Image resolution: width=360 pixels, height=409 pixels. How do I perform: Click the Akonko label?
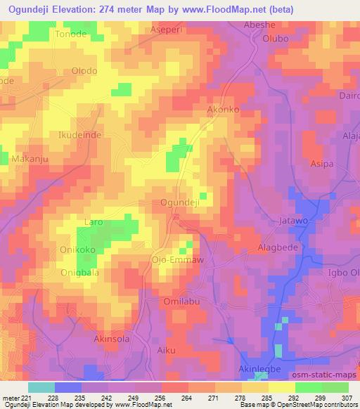223,110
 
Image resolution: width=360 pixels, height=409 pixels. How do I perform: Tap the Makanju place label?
30,160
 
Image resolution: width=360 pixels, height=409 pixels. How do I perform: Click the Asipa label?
322,163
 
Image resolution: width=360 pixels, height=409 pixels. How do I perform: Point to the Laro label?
94,222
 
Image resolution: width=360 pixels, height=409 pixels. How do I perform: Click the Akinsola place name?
113,338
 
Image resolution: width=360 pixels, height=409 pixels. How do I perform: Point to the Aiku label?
167,349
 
